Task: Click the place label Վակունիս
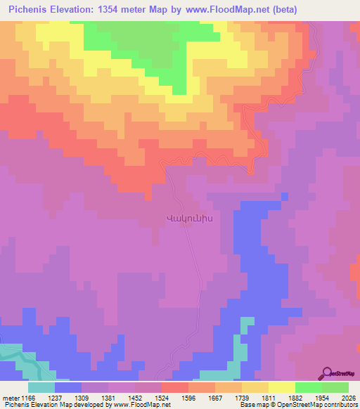(188, 218)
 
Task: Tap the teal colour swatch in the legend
(41, 387)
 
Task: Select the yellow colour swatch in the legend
(282, 387)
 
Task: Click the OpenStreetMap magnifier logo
(327, 373)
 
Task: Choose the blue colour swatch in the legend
(68, 387)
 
